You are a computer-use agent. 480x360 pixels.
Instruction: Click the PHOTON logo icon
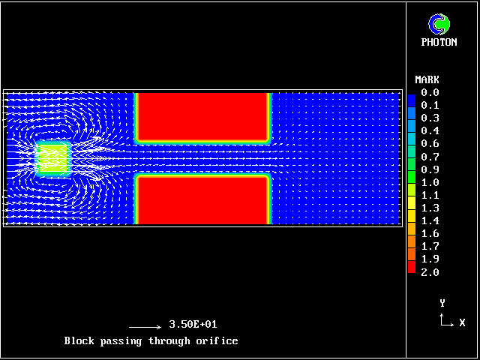click(x=439, y=24)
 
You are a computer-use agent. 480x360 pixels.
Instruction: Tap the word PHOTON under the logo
click(x=439, y=42)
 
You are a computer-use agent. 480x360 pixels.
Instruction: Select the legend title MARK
click(x=427, y=80)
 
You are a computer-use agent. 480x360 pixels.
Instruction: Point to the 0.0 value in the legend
click(x=430, y=92)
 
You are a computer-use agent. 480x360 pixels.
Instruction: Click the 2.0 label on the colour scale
click(x=430, y=272)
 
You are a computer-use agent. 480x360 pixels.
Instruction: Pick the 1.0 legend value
click(x=430, y=182)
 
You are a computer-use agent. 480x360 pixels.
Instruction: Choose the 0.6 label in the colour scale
click(x=430, y=143)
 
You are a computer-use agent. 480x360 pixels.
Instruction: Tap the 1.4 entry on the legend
click(x=430, y=220)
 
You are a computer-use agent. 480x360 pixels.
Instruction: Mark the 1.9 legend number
click(x=430, y=259)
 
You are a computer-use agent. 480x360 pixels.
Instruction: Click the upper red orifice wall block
click(x=202, y=117)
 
